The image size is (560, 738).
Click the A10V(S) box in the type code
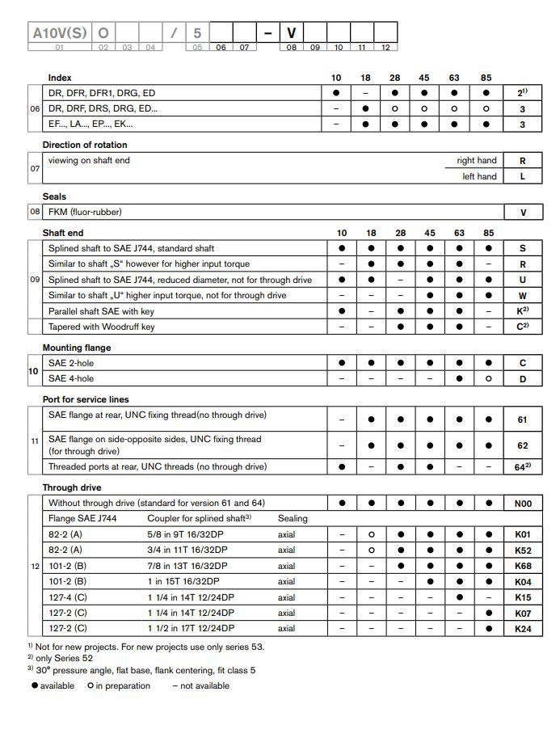[59, 33]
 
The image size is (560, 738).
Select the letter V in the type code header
[292, 33]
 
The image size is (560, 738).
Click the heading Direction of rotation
[85, 145]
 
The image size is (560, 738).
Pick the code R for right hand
[523, 161]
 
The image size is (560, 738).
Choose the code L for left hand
[523, 176]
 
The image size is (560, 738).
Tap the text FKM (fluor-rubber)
[85, 212]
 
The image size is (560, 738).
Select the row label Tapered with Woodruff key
[102, 327]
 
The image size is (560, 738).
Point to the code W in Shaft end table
[523, 296]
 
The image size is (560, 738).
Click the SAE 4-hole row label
[71, 378]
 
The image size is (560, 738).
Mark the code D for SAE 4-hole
[523, 378]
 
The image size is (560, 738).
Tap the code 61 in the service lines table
[523, 420]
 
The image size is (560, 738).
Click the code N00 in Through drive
[523, 503]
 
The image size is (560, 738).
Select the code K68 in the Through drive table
[523, 566]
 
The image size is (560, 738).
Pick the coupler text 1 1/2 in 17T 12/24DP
[191, 628]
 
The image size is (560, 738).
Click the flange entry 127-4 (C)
[68, 597]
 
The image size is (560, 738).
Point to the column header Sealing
[293, 518]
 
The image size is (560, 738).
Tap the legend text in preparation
[123, 685]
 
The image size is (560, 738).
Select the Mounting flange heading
[77, 348]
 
